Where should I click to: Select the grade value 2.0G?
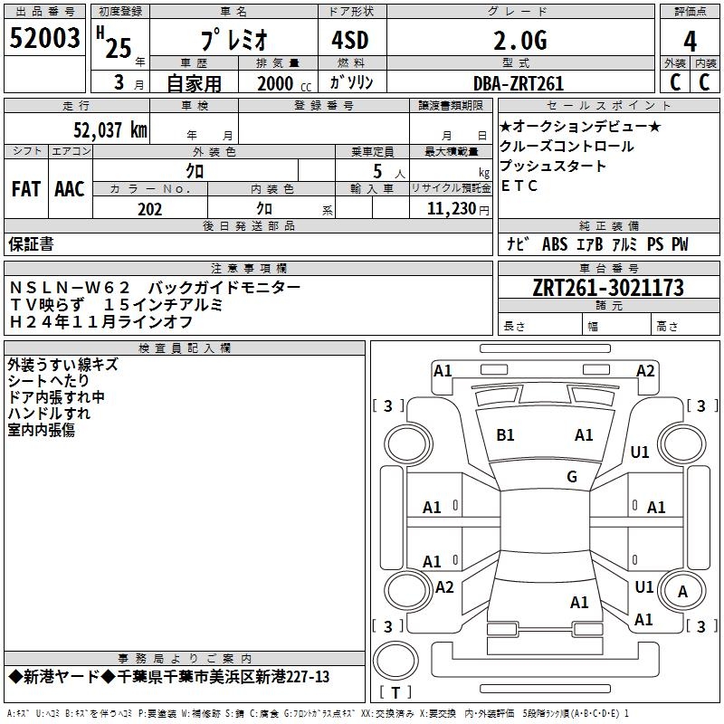coord(520,41)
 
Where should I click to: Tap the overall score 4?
coord(690,41)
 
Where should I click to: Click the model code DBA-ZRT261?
coord(519,83)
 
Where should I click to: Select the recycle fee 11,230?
coord(450,208)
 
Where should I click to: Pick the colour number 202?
coord(149,209)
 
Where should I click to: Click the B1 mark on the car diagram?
coord(505,435)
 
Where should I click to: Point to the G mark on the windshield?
coord(571,477)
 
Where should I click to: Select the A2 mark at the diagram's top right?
coord(645,370)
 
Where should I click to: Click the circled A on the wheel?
coord(683,592)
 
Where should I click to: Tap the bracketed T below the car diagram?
coord(395,692)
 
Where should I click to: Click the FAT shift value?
coord(25,189)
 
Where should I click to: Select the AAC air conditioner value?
coord(69,189)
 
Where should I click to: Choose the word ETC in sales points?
coord(519,186)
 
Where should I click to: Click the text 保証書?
coord(31,243)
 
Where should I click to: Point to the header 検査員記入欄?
coord(185,348)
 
